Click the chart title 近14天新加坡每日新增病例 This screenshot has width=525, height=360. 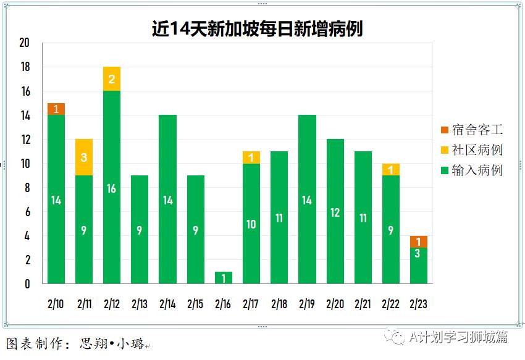pos(257,28)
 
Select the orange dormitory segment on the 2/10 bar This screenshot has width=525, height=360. pos(56,109)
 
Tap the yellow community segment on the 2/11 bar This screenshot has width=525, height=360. pos(84,157)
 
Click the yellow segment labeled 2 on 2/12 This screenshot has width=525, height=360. pos(112,78)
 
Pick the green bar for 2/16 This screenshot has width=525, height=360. pos(224,278)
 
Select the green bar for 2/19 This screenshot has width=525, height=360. pos(307,199)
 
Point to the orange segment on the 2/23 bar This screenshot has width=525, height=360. pos(419,241)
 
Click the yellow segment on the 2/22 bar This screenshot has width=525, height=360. pos(391,169)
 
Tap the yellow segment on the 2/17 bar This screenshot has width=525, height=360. pos(251,157)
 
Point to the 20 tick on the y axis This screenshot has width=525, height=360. pos(25,43)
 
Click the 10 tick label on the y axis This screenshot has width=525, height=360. pos(25,164)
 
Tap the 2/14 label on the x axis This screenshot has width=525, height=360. pos(167,304)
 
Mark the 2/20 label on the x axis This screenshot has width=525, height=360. pos(335,304)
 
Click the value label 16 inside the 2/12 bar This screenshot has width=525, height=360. pos(112,188)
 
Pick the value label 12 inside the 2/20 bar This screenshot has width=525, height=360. pos(335,212)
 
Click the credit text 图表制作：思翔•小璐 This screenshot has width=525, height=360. pos(75,344)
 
